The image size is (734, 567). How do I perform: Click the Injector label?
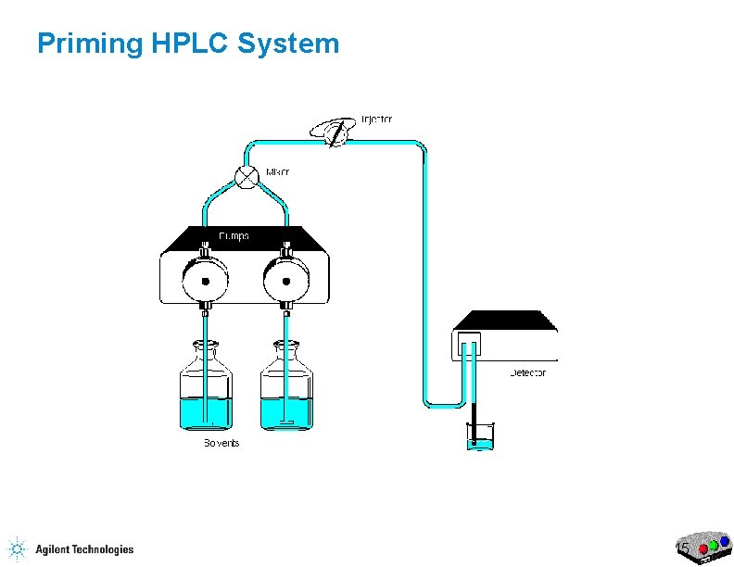click(x=376, y=120)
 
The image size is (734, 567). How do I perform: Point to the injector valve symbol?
click(x=337, y=133)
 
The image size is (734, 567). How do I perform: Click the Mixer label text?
click(x=277, y=172)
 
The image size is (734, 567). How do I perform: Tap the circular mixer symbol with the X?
click(x=247, y=178)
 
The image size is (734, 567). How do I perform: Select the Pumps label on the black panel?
click(x=233, y=237)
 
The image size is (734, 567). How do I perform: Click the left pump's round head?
click(x=205, y=277)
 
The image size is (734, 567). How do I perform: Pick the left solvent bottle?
click(x=205, y=389)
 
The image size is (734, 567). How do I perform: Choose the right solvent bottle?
click(x=286, y=389)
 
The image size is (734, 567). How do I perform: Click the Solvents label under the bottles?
click(x=221, y=444)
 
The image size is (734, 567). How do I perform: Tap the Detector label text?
click(x=528, y=373)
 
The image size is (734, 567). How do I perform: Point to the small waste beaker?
click(x=480, y=437)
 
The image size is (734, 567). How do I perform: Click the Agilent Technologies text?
click(x=84, y=549)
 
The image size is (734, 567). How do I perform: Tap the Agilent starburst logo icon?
click(x=17, y=549)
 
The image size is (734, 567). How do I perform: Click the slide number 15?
click(x=683, y=549)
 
